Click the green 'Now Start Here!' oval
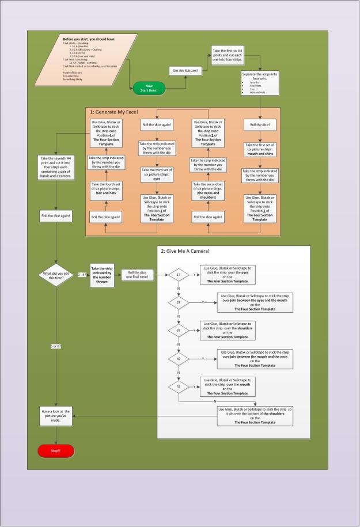(149, 88)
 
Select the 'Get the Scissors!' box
(185, 70)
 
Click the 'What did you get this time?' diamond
(55, 275)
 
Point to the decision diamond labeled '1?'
(179, 275)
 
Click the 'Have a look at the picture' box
(56, 416)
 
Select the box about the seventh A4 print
(55, 168)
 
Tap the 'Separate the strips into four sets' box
(260, 84)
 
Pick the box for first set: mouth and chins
(260, 150)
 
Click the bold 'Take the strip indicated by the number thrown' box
(105, 275)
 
